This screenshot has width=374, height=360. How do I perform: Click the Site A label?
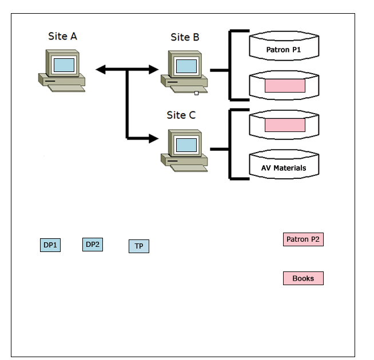pyautogui.click(x=62, y=37)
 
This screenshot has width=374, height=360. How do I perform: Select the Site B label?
pyautogui.click(x=185, y=38)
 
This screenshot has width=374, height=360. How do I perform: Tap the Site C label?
pyautogui.click(x=181, y=115)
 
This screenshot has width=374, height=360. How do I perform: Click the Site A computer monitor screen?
pyautogui.click(x=64, y=65)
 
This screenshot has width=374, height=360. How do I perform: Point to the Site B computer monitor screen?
pyautogui.click(x=186, y=65)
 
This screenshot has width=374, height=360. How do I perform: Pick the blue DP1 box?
pyautogui.click(x=50, y=246)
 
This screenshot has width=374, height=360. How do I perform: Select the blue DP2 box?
pyautogui.click(x=93, y=245)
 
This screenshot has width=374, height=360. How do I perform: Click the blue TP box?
pyautogui.click(x=138, y=246)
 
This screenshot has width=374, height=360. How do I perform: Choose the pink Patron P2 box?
pyautogui.click(x=303, y=239)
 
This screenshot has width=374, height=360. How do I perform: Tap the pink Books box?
pyautogui.click(x=303, y=278)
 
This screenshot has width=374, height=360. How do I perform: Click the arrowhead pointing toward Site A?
pyautogui.click(x=101, y=70)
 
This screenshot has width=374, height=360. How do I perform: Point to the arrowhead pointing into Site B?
pyautogui.click(x=153, y=70)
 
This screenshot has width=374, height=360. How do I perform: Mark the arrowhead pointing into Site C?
pyautogui.click(x=153, y=138)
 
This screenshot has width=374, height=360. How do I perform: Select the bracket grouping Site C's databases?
pyautogui.click(x=231, y=145)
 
